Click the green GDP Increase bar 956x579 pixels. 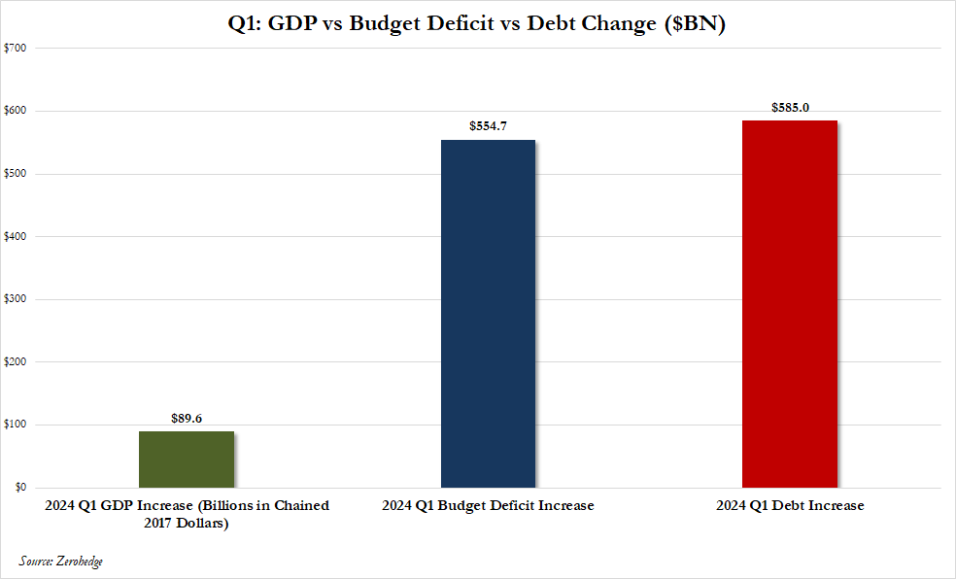pos(187,459)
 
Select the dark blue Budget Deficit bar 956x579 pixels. pos(488,313)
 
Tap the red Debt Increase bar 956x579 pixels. pos(789,303)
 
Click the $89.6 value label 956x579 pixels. pos(187,420)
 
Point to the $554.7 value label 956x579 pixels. pos(488,127)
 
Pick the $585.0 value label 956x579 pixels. pos(789,108)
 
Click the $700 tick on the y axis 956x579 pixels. pos(15,48)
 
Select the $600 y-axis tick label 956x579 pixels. pos(15,111)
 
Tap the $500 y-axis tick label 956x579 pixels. pos(15,174)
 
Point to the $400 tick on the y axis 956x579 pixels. pos(15,236)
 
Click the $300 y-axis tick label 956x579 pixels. pos(15,299)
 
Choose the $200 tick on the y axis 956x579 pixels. pos(15,361)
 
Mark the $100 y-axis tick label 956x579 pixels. pos(15,425)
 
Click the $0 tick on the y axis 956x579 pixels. pos(18,488)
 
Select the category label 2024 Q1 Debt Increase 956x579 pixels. pos(789,506)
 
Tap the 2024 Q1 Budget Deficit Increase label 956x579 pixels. pos(488,506)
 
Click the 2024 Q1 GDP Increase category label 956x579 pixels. pos(187,514)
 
